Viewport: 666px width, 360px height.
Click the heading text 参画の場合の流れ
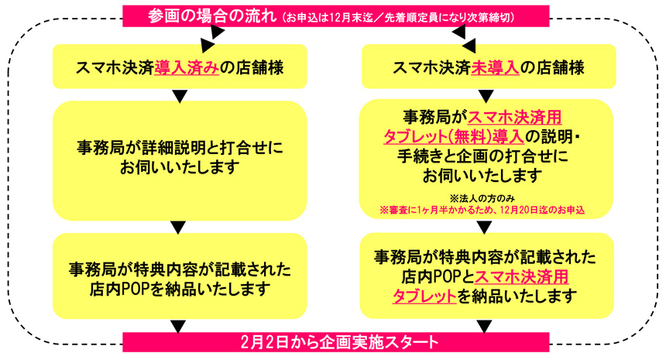[212, 16]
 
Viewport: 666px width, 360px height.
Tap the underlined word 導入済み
[187, 68]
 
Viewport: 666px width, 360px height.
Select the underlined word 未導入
[495, 68]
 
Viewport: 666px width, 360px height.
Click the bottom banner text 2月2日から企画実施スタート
[339, 342]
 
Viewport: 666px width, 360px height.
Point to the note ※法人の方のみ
[482, 198]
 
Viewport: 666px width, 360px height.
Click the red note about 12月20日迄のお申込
[482, 210]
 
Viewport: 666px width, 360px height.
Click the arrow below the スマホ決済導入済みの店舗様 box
[180, 96]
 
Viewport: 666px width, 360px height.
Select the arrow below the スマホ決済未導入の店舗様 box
[486, 96]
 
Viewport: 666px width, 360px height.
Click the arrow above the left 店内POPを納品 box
[178, 227]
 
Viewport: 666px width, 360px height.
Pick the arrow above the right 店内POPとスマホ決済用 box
[484, 227]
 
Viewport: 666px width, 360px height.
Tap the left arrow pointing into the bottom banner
[178, 327]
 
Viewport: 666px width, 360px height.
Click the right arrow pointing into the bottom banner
[485, 327]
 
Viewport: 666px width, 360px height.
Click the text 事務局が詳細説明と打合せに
[180, 148]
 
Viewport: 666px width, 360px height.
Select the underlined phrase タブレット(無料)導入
[454, 137]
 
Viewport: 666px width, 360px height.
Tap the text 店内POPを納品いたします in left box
[180, 289]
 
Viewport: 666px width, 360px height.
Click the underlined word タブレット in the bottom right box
[424, 296]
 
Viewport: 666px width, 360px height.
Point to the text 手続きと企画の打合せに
[482, 156]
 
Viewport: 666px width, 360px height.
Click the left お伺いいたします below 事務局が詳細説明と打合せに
[180, 167]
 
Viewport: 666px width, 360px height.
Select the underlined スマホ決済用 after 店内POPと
[522, 277]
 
